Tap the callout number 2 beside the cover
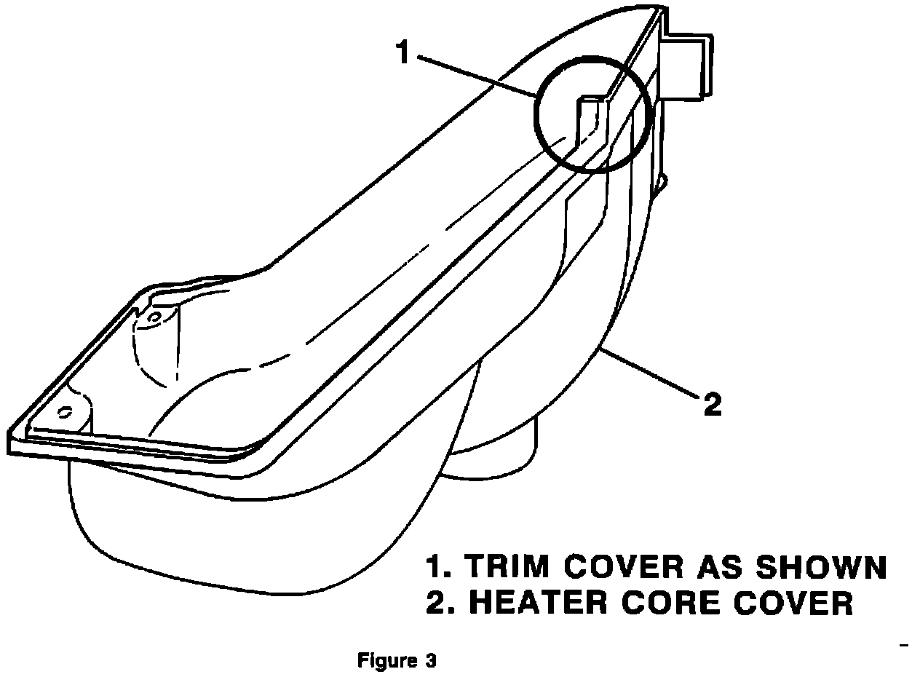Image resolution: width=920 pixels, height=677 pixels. point(712,405)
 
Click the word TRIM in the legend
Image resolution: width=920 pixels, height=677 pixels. point(503,568)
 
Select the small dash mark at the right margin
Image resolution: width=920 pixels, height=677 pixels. point(905,645)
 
